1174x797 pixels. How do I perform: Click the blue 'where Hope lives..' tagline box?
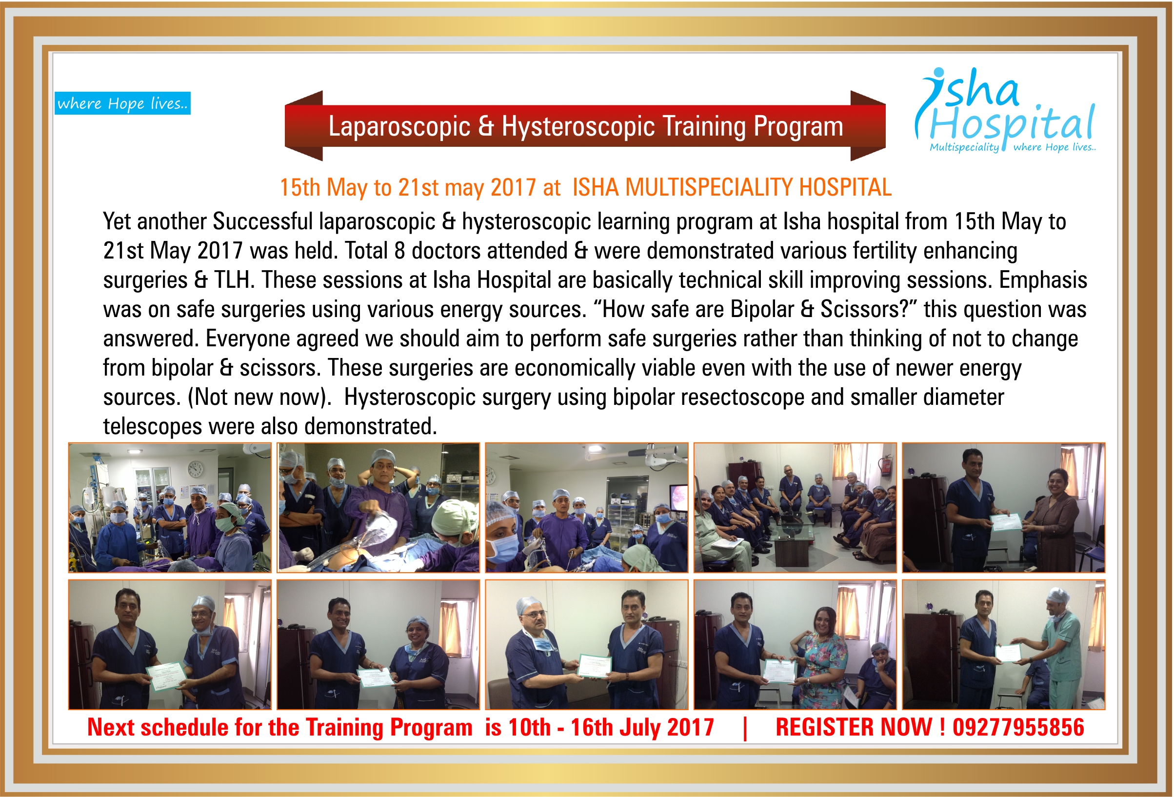[x=122, y=103]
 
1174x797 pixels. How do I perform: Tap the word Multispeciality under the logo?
[x=964, y=147]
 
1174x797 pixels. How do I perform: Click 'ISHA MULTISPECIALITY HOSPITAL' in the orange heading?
[x=732, y=187]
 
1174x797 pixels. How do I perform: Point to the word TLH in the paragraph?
[x=233, y=280]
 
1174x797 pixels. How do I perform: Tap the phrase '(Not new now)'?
[x=259, y=398]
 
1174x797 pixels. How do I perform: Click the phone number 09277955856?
[x=1018, y=727]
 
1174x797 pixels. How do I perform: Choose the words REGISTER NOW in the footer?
[x=854, y=727]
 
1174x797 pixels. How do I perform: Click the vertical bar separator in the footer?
[x=745, y=729]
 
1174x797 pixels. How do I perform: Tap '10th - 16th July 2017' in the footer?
[x=611, y=728]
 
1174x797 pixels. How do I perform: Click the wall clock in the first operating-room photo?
[x=196, y=469]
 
